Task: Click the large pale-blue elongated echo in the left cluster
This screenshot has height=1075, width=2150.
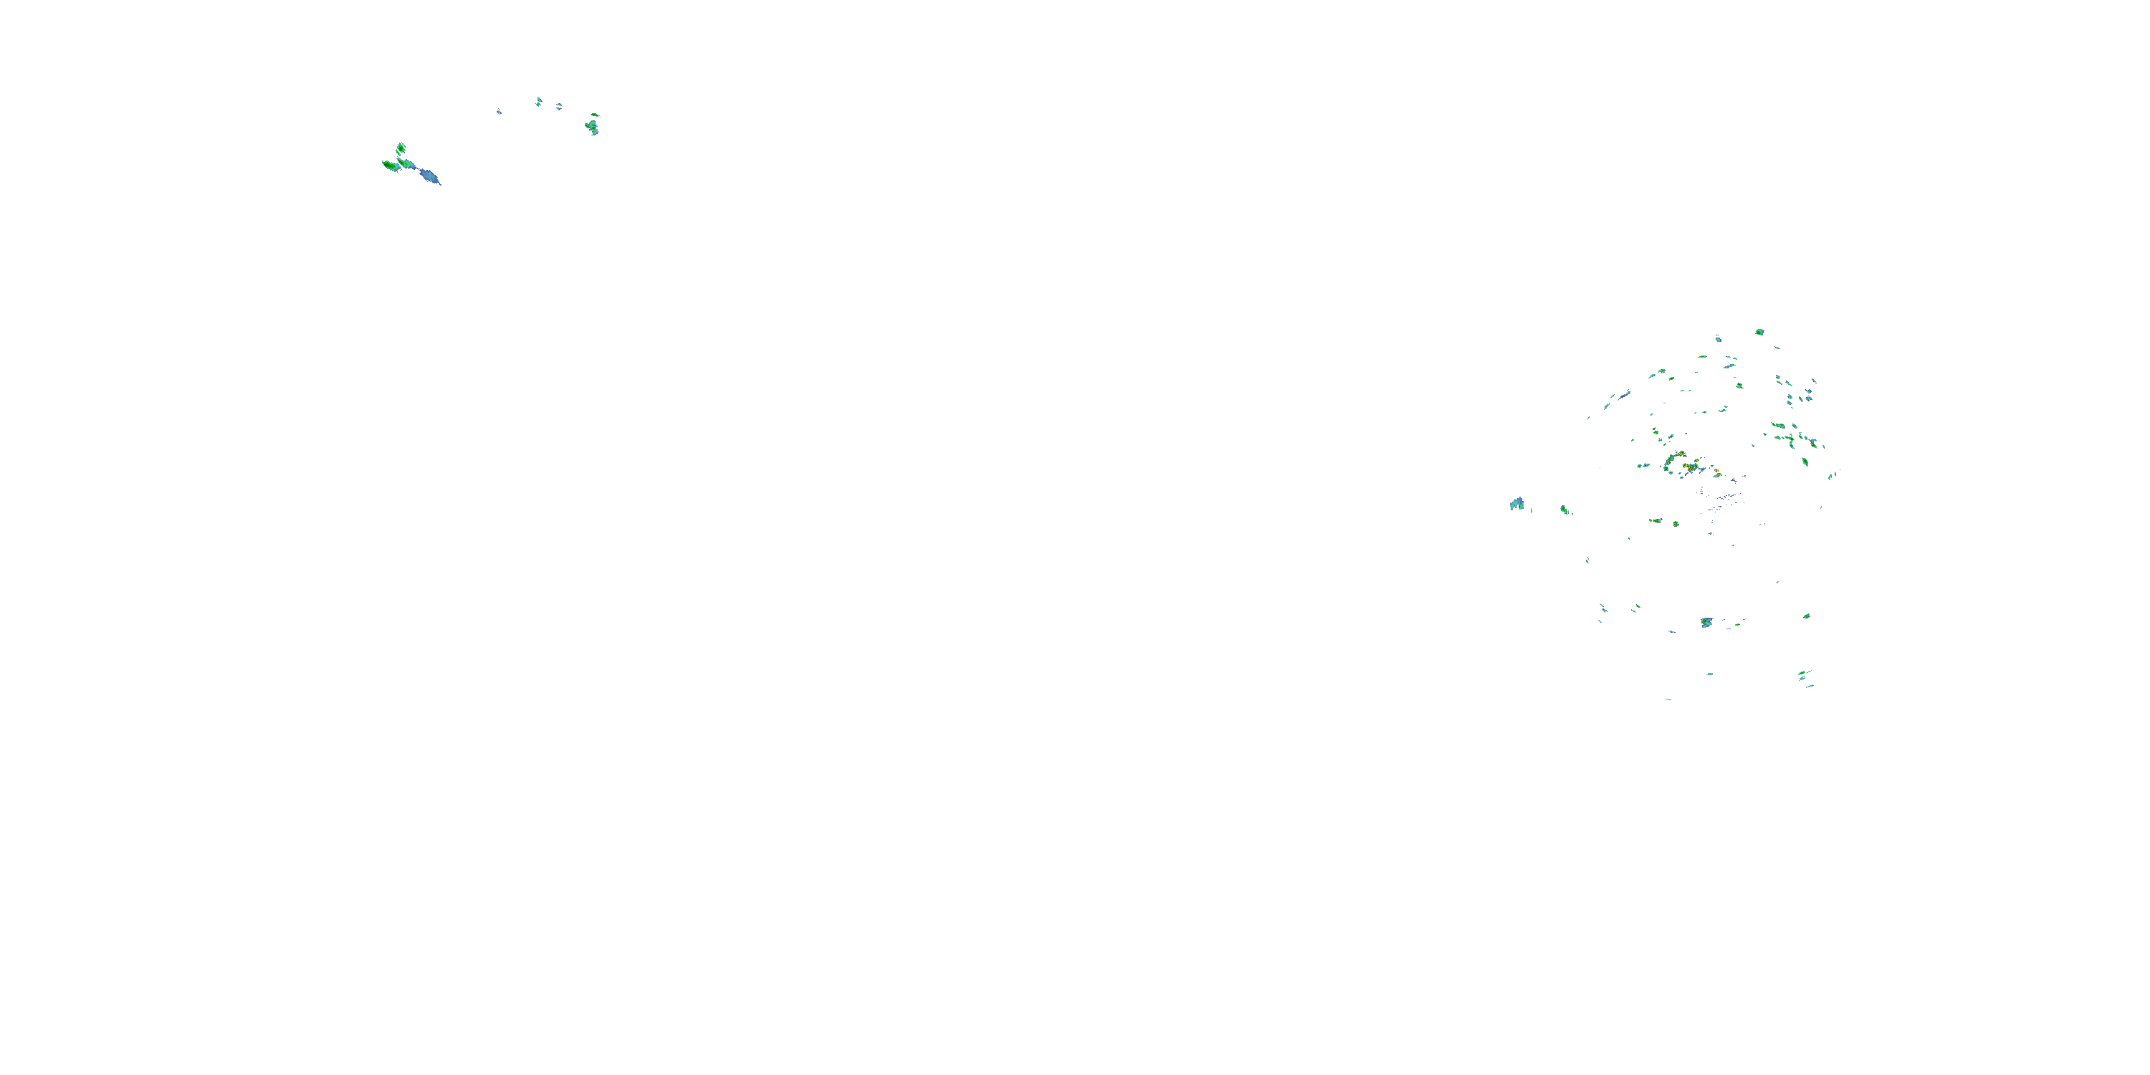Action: (429, 176)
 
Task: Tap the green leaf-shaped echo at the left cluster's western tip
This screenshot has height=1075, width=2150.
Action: (390, 166)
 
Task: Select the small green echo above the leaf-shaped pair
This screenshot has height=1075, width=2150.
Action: (401, 148)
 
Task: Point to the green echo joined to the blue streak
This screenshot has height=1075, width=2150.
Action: (406, 163)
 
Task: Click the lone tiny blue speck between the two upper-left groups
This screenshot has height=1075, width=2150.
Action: (499, 112)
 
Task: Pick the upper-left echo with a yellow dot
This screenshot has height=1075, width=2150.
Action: (592, 127)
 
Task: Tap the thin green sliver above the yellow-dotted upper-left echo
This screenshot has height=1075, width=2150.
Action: (595, 115)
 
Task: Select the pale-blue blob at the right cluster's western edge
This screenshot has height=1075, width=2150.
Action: (1516, 504)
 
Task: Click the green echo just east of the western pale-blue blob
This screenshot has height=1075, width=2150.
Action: (1564, 509)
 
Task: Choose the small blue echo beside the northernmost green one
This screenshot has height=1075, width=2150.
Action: (1719, 339)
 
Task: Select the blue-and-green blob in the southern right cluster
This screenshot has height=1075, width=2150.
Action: (1707, 623)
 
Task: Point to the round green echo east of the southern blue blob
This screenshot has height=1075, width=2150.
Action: (1807, 616)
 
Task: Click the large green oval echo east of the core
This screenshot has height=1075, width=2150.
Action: (1805, 462)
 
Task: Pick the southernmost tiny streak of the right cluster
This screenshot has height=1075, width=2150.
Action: (1668, 699)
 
